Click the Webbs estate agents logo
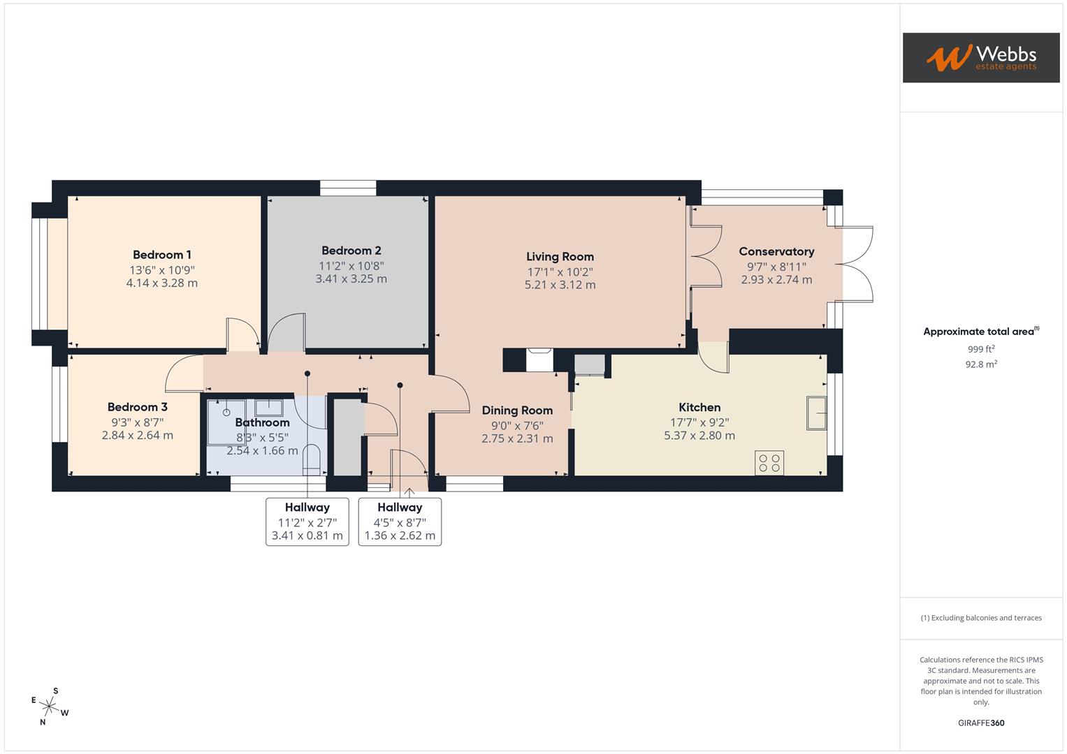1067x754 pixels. (980, 57)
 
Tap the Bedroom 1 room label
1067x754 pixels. (162, 255)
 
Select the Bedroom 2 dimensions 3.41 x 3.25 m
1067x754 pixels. (351, 279)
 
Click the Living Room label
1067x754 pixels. (560, 257)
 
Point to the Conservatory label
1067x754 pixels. (776, 251)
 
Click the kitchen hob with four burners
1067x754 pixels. (769, 463)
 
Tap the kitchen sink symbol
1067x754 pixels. (815, 413)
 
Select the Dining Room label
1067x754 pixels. (517, 411)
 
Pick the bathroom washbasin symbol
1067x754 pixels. (268, 407)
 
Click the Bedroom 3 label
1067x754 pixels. (137, 407)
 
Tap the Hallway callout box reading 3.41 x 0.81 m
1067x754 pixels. (307, 522)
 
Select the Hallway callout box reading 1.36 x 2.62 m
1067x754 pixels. (400, 522)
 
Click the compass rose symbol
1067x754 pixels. (49, 706)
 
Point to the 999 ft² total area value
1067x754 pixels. (981, 349)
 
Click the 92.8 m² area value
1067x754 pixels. (981, 364)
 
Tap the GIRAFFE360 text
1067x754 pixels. (981, 723)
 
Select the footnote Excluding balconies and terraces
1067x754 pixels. (981, 618)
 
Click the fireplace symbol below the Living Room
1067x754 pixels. (539, 360)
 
